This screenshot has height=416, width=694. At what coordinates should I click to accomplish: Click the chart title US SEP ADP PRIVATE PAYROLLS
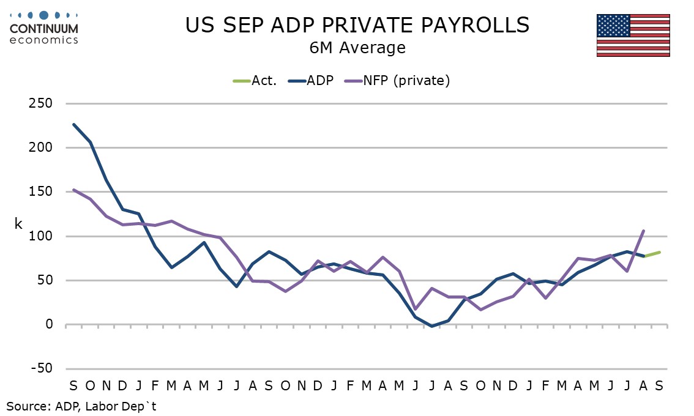pos(357,25)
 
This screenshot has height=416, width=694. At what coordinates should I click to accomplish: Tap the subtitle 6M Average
pos(357,48)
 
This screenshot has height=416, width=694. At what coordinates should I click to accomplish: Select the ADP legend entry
pos(311,81)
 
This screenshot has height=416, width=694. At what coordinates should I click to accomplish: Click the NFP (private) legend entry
pos(397,81)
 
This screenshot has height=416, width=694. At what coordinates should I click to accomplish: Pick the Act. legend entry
pos(255,81)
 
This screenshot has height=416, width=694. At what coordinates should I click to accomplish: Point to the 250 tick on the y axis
pos(40,103)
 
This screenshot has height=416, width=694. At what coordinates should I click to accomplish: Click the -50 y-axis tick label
pos(42,368)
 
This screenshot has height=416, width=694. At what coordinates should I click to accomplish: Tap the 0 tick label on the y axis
pos(49,324)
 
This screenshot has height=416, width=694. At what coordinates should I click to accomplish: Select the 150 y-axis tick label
pos(40,191)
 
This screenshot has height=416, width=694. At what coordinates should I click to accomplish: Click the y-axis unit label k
pos(18,223)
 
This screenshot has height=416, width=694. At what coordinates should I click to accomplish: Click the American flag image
pos(633,35)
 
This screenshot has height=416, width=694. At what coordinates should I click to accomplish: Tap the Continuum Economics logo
pos(44,28)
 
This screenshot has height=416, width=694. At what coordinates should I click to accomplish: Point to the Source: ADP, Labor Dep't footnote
pos(81,406)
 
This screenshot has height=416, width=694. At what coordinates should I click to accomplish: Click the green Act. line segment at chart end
pos(652,254)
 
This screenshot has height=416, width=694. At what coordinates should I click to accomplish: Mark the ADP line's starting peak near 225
pos(73,124)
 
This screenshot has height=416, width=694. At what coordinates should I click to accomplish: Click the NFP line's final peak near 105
pos(643,231)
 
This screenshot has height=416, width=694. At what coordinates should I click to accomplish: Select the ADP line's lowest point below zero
pos(432,326)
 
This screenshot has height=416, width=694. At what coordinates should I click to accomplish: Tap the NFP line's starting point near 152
pos(73,190)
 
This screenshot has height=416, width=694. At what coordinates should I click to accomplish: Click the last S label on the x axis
pos(659,386)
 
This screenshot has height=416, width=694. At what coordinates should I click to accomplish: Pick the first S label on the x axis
pos(73,386)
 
